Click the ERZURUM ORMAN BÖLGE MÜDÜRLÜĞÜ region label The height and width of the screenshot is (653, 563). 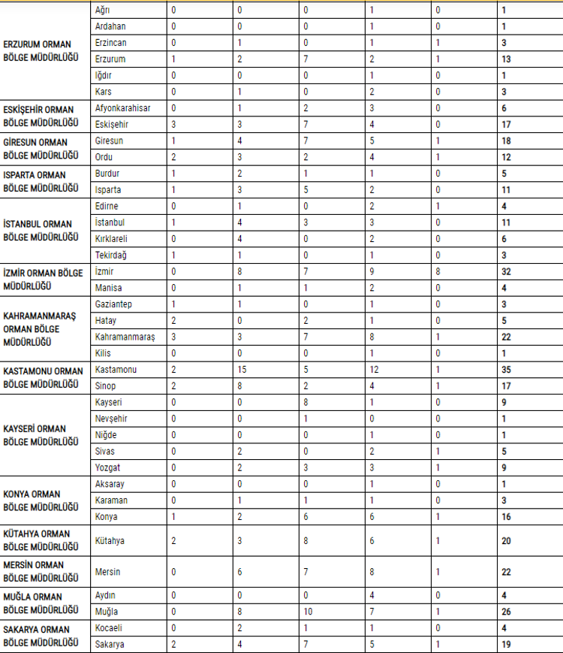pyautogui.click(x=41, y=51)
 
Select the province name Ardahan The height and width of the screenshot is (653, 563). pyautogui.click(x=111, y=26)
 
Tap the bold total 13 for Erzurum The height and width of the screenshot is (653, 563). pyautogui.click(x=507, y=59)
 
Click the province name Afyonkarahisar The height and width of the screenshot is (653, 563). pyautogui.click(x=123, y=108)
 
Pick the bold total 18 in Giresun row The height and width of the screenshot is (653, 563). pyautogui.click(x=507, y=141)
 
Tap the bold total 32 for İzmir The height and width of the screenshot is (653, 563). pyautogui.click(x=507, y=271)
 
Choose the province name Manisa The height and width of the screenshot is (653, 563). pyautogui.click(x=110, y=288)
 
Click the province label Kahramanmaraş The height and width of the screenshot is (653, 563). pyautogui.click(x=125, y=337)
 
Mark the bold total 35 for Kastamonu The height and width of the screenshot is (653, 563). pyautogui.click(x=507, y=370)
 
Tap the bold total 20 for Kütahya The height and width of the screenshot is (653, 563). pyautogui.click(x=507, y=541)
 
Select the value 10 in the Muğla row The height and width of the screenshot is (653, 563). pyautogui.click(x=308, y=612)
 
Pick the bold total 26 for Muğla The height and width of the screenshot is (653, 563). pyautogui.click(x=507, y=612)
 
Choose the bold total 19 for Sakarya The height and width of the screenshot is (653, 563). pyautogui.click(x=507, y=644)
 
